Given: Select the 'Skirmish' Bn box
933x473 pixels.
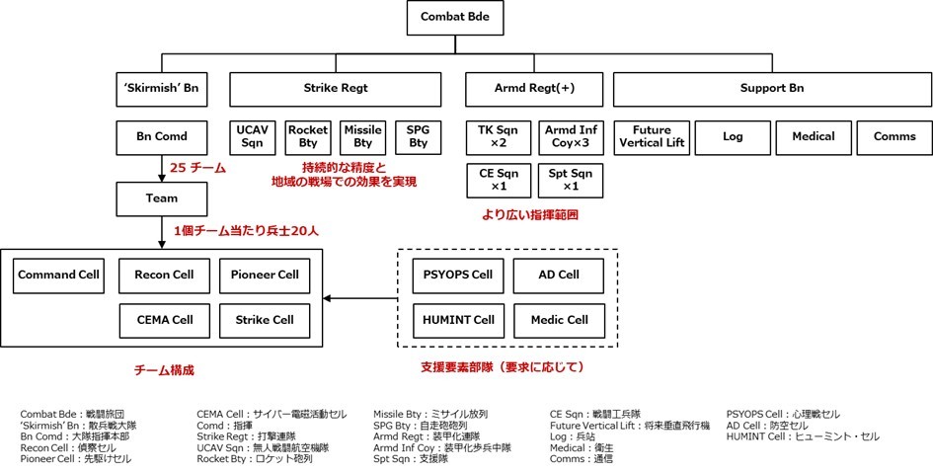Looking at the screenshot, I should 161,88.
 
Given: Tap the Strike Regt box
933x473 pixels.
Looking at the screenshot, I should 336,88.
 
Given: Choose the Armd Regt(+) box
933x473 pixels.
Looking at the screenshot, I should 533,88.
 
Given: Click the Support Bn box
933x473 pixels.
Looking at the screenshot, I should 772,88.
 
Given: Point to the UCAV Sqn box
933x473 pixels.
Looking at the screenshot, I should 252,136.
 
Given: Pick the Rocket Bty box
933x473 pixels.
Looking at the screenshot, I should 308,136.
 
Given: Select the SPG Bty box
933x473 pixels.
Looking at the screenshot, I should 419,136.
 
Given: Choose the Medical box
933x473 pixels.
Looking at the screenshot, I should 813,136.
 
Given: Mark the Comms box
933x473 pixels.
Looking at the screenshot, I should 894,136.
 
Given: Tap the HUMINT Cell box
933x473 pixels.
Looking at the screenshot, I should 456,319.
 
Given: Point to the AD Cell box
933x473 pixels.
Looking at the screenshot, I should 559,274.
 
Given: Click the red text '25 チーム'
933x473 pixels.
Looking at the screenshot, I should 198,168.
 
